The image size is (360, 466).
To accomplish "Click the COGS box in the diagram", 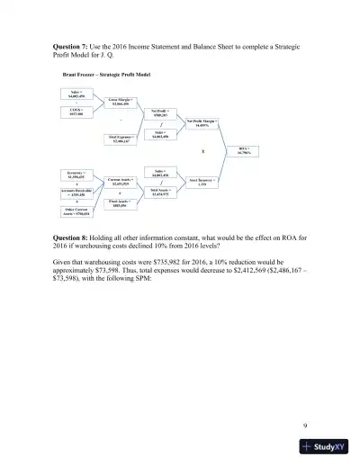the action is [x=76, y=112].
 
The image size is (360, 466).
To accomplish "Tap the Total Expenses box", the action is [x=123, y=139].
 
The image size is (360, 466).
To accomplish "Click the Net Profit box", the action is [x=160, y=112].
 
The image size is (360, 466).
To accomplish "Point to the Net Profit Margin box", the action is [x=203, y=123].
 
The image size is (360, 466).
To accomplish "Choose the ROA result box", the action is [x=244, y=150].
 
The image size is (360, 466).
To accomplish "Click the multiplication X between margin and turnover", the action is [x=203, y=152].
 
